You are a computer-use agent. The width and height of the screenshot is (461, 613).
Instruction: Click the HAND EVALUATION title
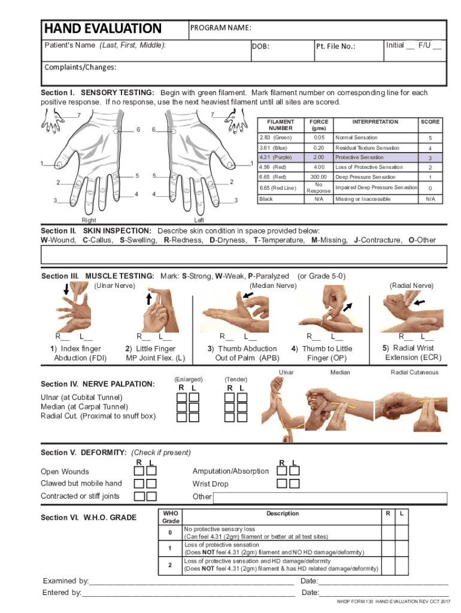click(102, 28)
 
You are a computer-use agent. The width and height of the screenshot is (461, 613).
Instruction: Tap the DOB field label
click(260, 46)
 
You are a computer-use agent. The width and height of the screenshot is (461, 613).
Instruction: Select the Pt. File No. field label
click(335, 46)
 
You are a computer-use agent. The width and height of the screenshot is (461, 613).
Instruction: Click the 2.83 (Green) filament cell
click(275, 138)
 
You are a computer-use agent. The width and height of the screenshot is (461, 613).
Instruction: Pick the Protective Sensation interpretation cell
click(359, 157)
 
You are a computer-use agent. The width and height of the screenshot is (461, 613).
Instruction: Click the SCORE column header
click(430, 122)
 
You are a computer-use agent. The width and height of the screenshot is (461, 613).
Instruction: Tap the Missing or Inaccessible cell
click(363, 199)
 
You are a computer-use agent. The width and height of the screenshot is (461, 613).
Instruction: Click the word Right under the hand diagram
click(88, 220)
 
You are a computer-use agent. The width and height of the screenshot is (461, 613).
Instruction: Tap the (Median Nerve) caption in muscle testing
click(272, 286)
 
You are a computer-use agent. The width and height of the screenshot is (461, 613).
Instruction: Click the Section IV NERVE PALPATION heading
click(97, 384)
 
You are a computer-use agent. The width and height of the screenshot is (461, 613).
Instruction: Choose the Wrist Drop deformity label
click(210, 484)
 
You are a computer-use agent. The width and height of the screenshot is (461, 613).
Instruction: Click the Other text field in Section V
click(329, 498)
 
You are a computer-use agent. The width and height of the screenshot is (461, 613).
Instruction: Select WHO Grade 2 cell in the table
click(170, 565)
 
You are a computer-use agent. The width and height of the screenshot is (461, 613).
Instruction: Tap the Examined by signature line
click(192, 581)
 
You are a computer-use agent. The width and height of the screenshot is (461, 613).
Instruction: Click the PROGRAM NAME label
click(220, 28)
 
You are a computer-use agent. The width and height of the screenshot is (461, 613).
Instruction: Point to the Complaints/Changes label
click(80, 67)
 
